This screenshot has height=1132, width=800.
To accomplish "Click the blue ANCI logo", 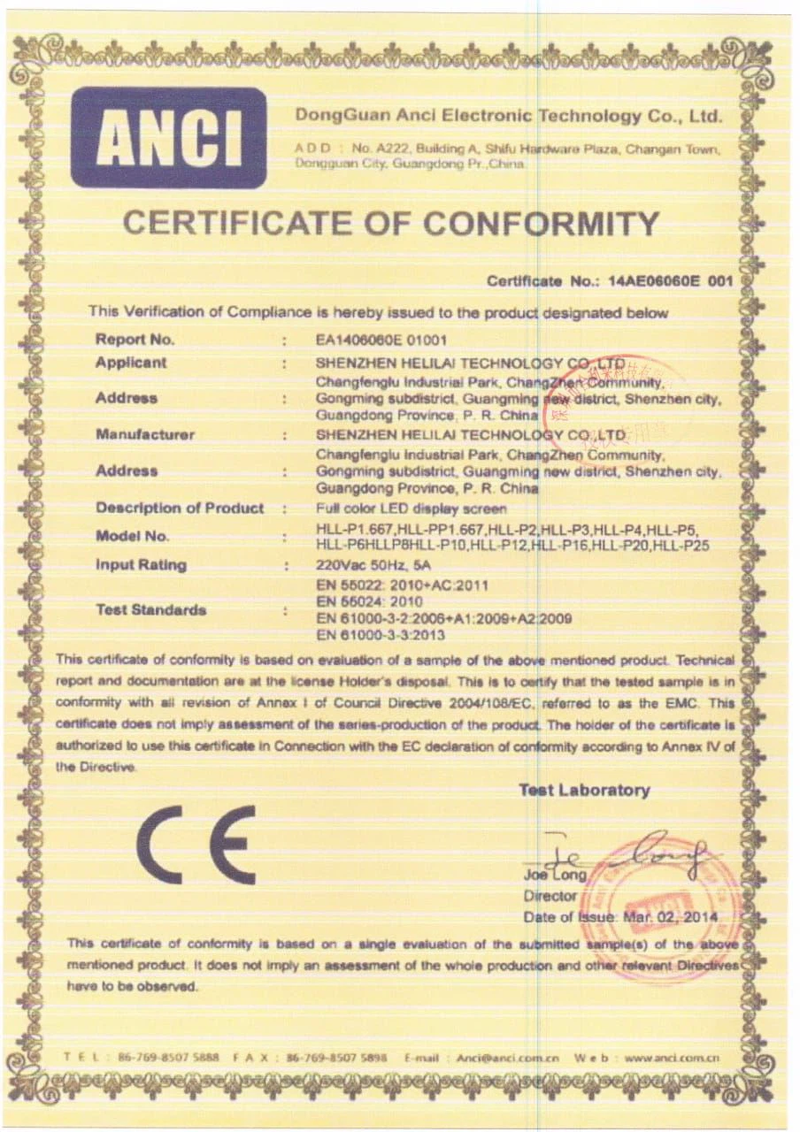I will click(168, 137).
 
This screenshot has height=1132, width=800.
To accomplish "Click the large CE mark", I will click(196, 844).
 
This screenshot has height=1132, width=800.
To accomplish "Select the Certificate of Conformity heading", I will click(390, 223).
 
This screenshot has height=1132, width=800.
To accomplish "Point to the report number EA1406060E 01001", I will click(381, 339).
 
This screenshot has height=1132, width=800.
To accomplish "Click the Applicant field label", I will click(131, 363).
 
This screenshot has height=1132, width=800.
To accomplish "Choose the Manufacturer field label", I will click(145, 434).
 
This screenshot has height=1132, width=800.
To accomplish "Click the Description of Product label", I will click(180, 508).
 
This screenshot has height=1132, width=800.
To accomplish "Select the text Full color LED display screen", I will click(411, 509).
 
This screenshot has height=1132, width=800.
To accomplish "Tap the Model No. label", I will click(132, 536).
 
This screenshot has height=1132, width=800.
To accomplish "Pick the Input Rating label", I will click(141, 564).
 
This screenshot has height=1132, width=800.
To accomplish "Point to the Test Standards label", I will click(150, 609).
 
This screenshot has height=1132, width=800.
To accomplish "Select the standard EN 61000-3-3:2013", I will click(380, 635).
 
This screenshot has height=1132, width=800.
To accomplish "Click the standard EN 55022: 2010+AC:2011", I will click(402, 585).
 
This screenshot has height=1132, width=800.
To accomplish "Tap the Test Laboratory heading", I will click(584, 790).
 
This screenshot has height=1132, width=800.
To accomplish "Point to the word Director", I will click(550, 895).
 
